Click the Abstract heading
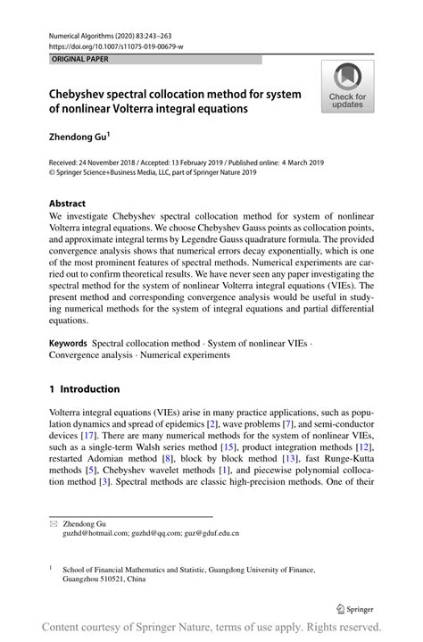pos(67,203)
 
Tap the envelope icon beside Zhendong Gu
pos(53,522)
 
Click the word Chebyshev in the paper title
pos(83,94)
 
